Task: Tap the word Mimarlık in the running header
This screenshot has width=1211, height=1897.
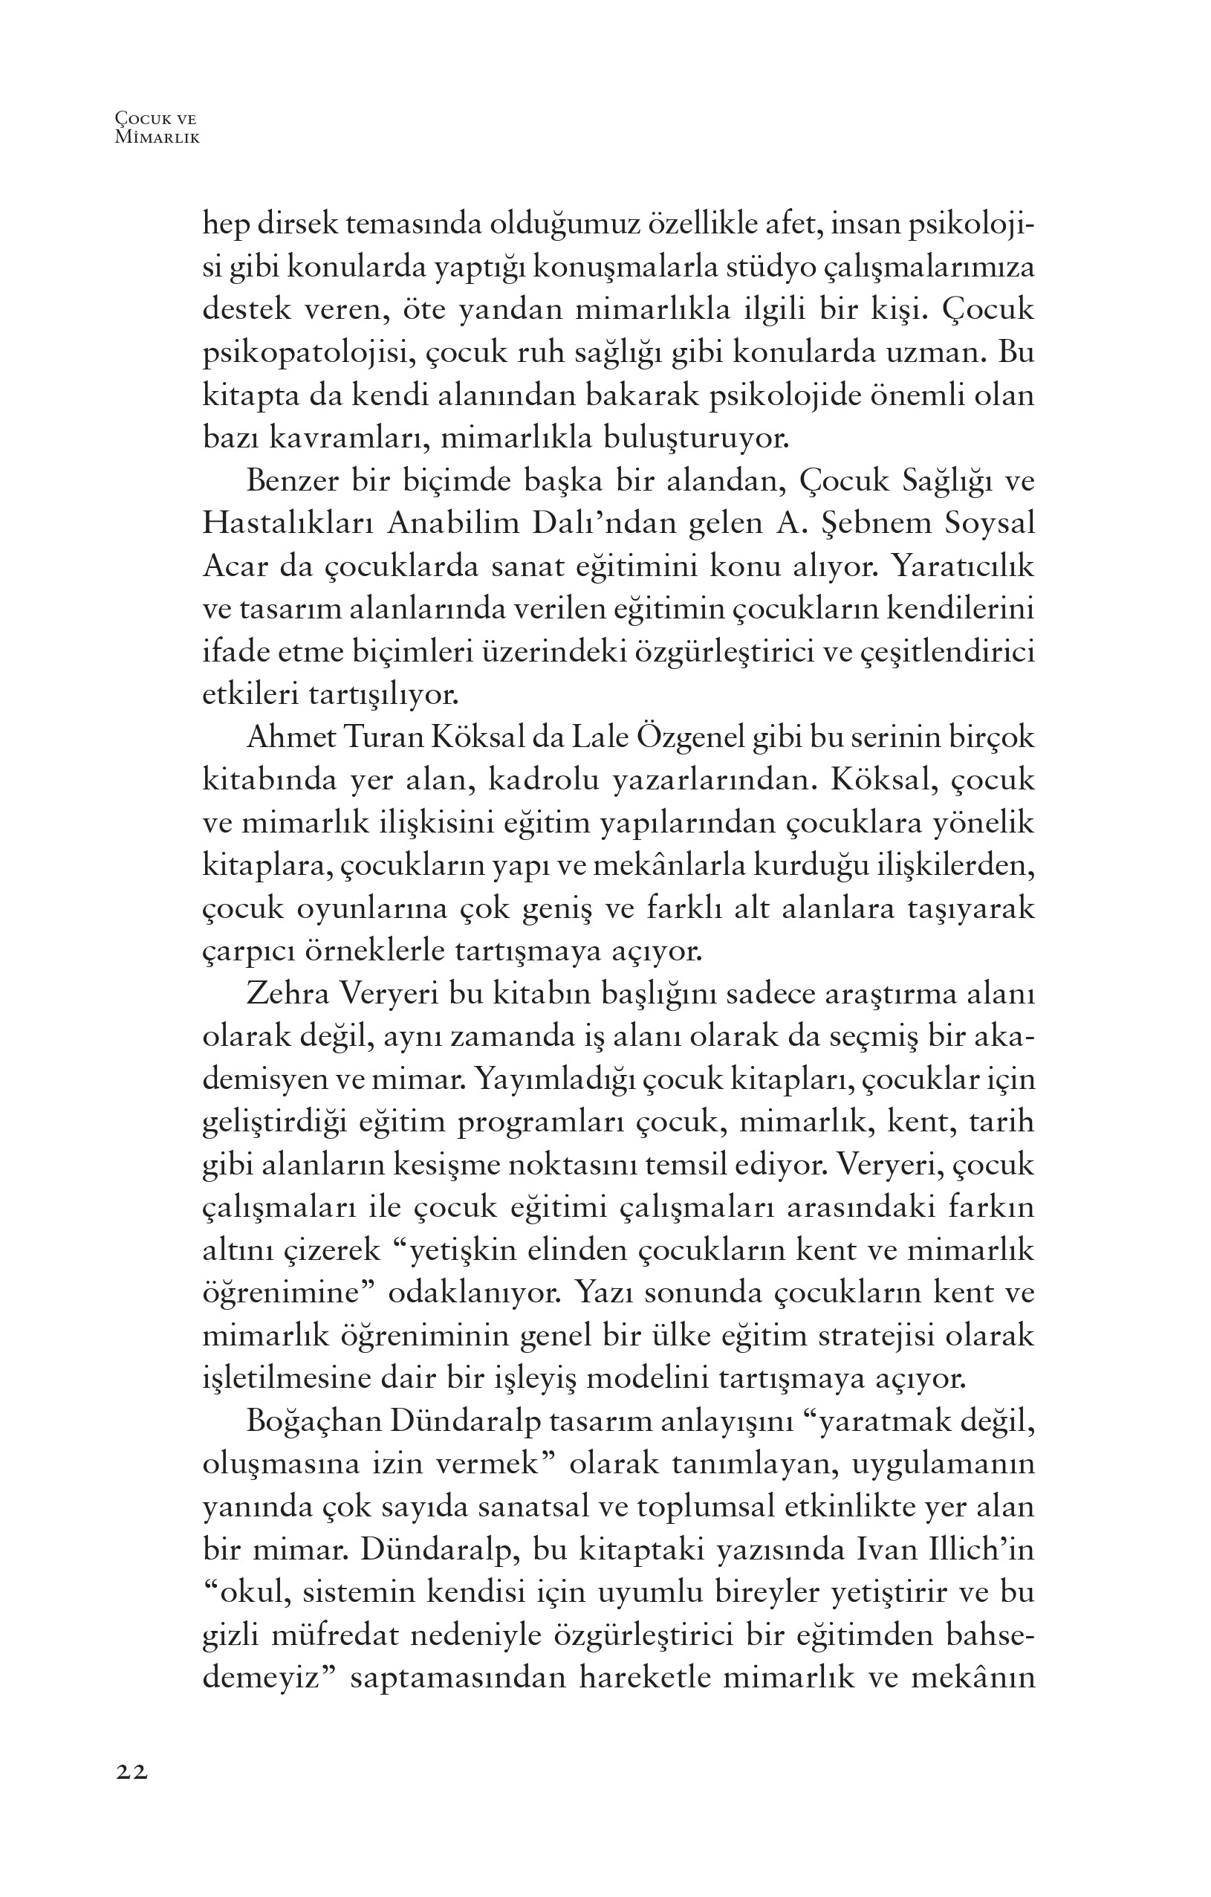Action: pyautogui.click(x=158, y=137)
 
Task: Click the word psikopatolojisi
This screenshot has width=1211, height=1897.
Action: pyautogui.click(x=308, y=354)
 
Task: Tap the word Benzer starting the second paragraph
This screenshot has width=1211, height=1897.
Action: pyautogui.click(x=293, y=482)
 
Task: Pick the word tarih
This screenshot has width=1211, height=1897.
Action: pyautogui.click(x=1001, y=1122)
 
